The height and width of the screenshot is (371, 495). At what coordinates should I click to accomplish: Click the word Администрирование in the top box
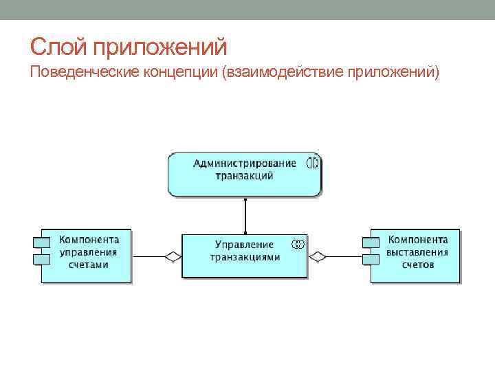[245, 164]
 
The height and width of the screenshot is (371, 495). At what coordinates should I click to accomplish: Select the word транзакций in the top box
[245, 176]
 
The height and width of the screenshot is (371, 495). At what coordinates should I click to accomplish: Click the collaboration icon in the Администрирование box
[313, 164]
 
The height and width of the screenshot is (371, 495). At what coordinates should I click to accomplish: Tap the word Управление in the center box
[244, 245]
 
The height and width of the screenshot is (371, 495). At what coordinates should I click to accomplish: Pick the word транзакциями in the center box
[245, 257]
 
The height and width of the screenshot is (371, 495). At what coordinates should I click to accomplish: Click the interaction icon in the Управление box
[298, 244]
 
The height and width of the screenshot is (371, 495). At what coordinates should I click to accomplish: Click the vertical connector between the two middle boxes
[245, 216]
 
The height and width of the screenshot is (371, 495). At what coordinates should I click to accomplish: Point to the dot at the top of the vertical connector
[245, 200]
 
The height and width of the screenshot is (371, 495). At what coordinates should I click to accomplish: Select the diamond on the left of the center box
[173, 256]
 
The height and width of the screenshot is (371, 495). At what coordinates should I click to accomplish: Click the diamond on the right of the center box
[317, 256]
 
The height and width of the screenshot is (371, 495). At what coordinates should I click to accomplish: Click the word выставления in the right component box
[417, 252]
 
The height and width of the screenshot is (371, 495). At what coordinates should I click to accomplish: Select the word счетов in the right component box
[418, 265]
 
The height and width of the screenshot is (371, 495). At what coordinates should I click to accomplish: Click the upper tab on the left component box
[41, 243]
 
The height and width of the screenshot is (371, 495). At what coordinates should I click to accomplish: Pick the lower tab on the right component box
[371, 258]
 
